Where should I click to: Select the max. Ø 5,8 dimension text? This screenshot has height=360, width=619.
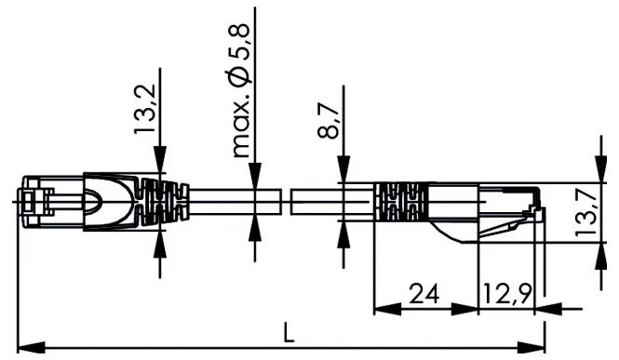[x=240, y=93]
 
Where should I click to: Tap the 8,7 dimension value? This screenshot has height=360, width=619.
[x=327, y=121]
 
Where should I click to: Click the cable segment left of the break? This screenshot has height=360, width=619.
[x=233, y=200]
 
